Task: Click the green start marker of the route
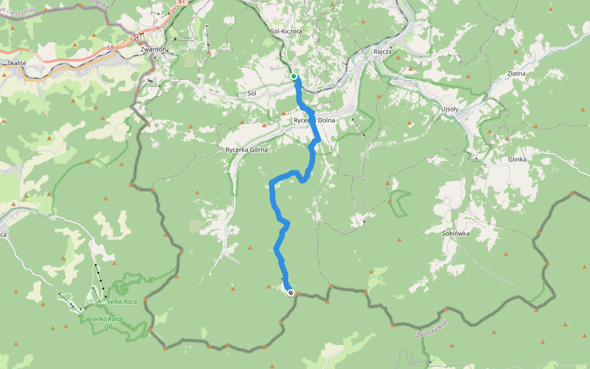tap(294, 76)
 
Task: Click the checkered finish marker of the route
tap(290, 293)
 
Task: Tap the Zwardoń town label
tap(153, 49)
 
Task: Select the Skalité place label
tap(17, 63)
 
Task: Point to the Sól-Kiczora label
tap(286, 31)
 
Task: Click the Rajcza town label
tap(383, 52)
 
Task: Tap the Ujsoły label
tap(450, 109)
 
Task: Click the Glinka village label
tap(517, 159)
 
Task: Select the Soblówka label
tap(456, 234)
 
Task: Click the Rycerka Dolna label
tap(314, 121)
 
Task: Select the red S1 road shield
tap(181, 2)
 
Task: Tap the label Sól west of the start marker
tap(251, 93)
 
